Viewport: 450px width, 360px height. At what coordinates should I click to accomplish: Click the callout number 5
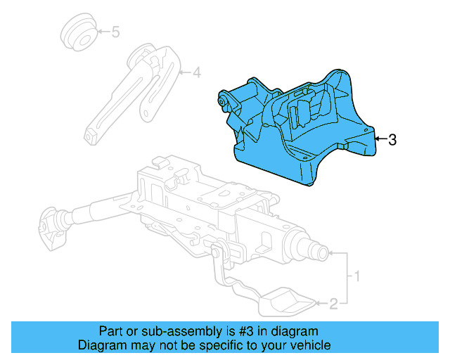[115, 32]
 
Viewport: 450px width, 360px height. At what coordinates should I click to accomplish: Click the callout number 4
[197, 72]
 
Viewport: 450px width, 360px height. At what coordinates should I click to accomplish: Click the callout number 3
[392, 140]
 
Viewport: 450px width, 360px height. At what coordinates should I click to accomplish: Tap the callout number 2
[334, 304]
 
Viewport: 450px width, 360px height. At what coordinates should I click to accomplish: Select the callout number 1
[356, 277]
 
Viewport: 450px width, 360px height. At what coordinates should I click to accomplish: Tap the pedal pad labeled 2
[289, 302]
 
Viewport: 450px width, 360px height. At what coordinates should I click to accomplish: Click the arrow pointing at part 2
[321, 304]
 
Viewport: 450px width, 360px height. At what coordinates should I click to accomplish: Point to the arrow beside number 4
[184, 72]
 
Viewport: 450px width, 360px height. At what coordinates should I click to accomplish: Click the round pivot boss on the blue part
[223, 103]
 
